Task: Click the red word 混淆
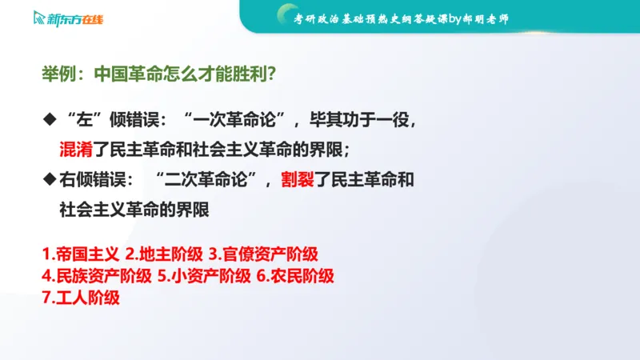(76, 149)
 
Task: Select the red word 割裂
(297, 180)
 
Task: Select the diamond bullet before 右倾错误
(48, 180)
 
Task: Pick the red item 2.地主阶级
(164, 254)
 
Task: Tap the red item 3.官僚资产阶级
(264, 254)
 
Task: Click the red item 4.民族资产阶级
(97, 277)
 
